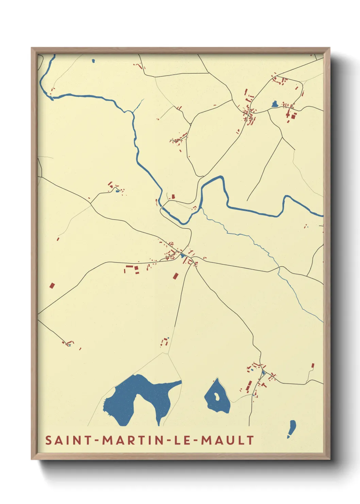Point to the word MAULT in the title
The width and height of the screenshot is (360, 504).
pos(227,440)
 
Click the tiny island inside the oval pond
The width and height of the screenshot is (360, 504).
pos(216,396)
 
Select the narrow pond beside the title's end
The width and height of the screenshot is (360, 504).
pos(292,427)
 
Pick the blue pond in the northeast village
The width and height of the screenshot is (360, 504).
pos(275,104)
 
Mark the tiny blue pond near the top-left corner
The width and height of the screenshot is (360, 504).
pos(93,61)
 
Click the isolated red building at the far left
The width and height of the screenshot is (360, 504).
pos(52,285)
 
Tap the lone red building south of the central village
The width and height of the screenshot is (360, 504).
pos(176,276)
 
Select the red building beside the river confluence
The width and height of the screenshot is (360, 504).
pos(173,196)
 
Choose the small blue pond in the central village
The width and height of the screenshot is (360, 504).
pos(183,255)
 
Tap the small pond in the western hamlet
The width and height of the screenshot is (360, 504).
pos(117,191)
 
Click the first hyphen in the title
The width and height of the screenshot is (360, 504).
pos(97,441)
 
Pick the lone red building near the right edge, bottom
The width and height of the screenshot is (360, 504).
pos(312,365)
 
